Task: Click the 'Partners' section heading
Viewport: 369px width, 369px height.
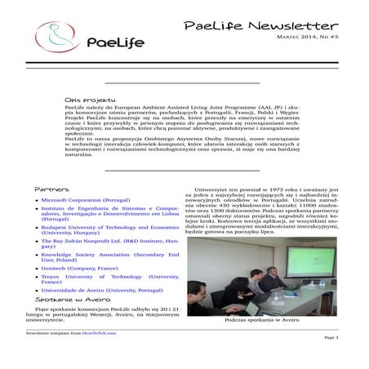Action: click(x=51, y=189)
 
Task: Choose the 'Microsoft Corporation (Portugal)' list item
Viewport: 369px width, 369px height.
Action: click(x=84, y=199)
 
